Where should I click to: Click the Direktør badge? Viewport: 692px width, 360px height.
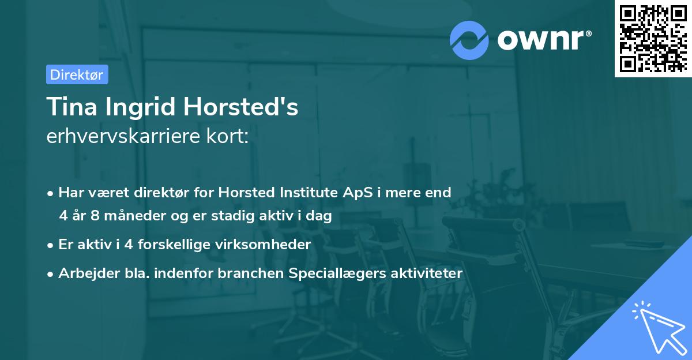click(77, 74)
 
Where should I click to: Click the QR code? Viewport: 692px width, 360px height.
click(653, 38)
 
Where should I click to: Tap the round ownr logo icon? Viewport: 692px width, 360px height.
click(469, 39)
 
